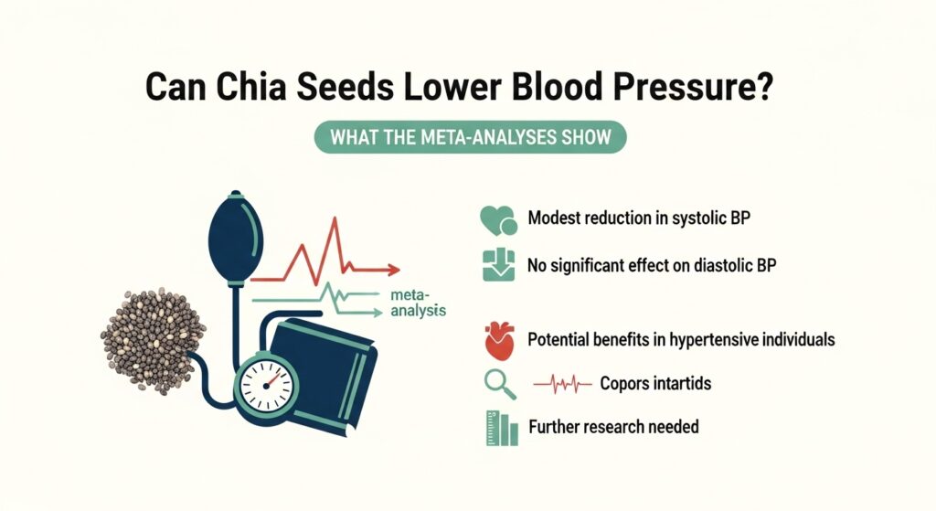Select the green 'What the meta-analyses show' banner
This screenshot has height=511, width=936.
[470, 138]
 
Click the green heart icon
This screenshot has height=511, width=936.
[496, 220]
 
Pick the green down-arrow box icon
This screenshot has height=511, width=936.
[496, 266]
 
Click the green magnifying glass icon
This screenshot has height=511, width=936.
[495, 385]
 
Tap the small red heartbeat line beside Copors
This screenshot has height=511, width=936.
[558, 385]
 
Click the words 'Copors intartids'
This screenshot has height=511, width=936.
[655, 384]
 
